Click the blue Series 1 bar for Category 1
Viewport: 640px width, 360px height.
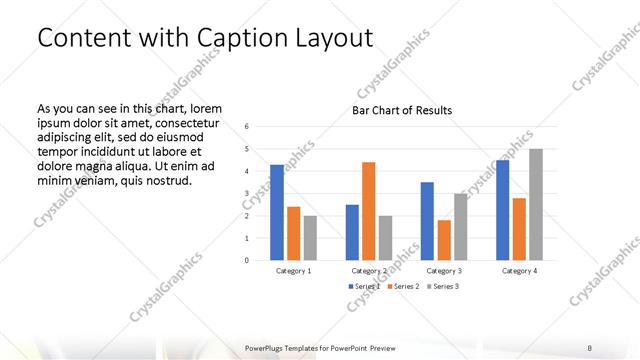pos(277,212)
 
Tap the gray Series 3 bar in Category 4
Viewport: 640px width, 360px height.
pos(536,204)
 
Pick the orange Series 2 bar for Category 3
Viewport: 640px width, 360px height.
pos(443,240)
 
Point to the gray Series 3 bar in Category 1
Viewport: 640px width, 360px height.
pos(310,238)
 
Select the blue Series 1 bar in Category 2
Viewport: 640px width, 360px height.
pos(352,232)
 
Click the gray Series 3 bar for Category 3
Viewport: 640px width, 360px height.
pos(460,227)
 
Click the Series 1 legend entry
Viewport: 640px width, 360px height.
pos(365,287)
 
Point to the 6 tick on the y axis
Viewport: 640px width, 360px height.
pos(247,126)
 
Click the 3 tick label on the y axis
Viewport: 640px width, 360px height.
pos(247,193)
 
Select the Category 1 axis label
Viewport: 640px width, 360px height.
pos(293,271)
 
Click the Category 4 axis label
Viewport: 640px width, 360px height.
pos(518,271)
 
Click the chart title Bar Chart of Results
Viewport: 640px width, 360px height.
pos(401,110)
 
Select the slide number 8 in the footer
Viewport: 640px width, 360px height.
pos(589,347)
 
